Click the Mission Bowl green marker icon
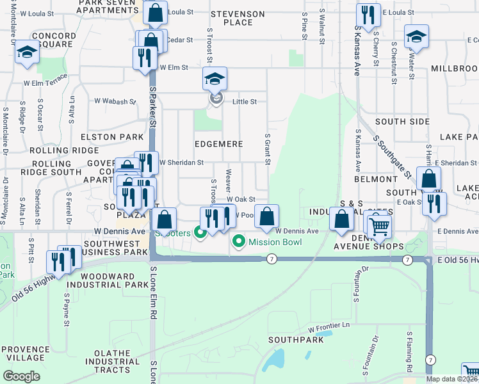coord(239,242)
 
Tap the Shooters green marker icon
coord(200,232)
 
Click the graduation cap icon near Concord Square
coord(27,52)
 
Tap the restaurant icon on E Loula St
coord(367,15)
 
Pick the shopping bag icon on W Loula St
coord(155,12)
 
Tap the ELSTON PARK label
coord(108,137)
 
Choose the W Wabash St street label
coord(115,101)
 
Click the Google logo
coord(21,376)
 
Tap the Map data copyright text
coord(451,379)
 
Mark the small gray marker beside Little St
coord(216,99)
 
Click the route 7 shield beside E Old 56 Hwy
coord(407,259)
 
